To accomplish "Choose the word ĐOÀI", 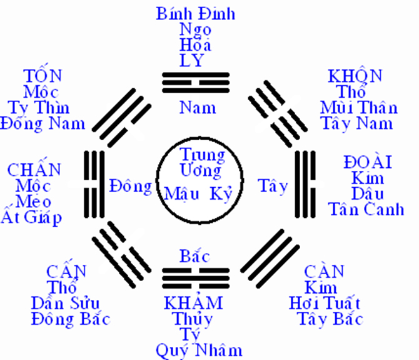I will pos(368,163).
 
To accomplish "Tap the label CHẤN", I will pos(34,170).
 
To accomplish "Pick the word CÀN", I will pos(324,272).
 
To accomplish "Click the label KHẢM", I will pos(193,303).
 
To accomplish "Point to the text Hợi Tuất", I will pos(325,304).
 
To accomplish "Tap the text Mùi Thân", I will pos(358,107).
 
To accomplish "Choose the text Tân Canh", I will pos(366,209).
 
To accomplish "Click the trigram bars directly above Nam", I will pos(194,83).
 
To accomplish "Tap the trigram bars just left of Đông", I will pos(96,186).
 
